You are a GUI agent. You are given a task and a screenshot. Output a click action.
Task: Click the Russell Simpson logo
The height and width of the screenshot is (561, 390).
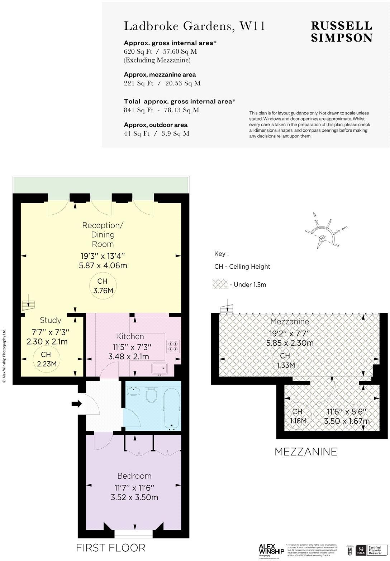(x=341, y=31)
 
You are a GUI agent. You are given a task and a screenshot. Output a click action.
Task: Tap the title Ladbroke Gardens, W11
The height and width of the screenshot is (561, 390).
(x=194, y=26)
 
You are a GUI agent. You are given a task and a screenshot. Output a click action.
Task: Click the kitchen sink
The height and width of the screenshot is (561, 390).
(x=159, y=369)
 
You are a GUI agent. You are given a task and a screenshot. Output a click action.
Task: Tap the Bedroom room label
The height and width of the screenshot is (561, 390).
(x=134, y=476)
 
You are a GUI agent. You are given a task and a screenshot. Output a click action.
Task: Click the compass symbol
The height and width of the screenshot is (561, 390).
(x=322, y=238)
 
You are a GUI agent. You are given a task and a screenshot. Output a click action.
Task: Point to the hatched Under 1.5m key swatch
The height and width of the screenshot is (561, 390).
(x=220, y=284)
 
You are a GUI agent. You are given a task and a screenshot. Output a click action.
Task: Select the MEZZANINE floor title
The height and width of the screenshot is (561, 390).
(x=305, y=452)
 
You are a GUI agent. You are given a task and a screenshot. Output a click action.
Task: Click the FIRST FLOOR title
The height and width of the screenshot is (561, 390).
(x=110, y=547)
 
